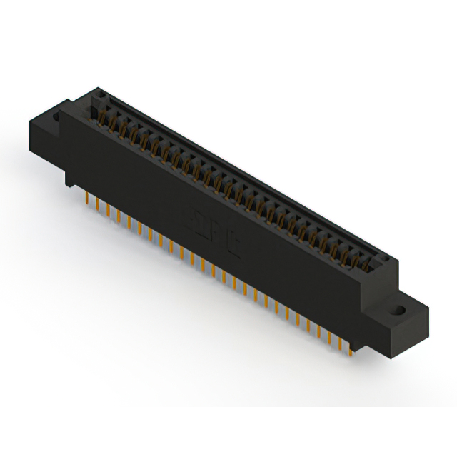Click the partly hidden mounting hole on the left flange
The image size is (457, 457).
pos(57,114)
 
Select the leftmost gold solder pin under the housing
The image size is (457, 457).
pos(86,196)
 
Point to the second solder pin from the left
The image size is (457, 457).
pos(97,202)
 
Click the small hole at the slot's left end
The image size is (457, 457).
pos(101,94)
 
